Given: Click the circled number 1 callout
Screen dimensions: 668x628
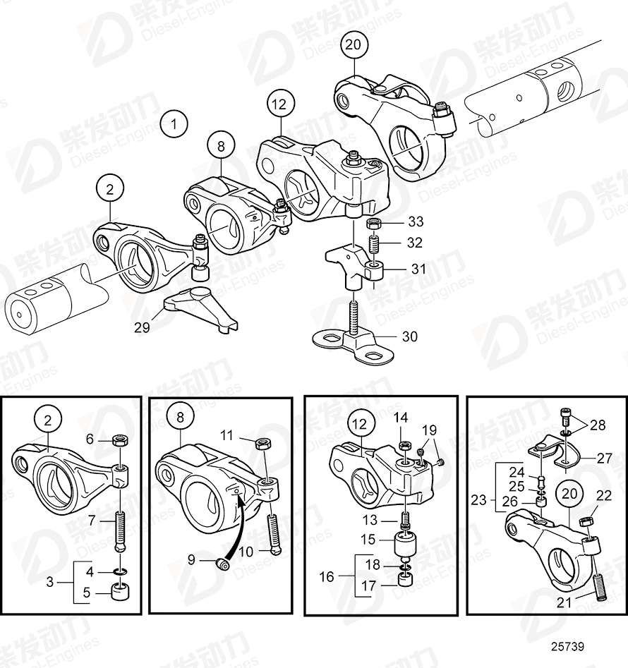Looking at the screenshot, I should [x=174, y=126].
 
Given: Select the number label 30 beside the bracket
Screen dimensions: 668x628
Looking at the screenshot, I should [x=409, y=336].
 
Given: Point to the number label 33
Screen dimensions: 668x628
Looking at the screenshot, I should [x=416, y=221].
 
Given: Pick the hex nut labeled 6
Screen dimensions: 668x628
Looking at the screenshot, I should [x=121, y=441].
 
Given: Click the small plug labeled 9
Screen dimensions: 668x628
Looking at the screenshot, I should [x=224, y=562].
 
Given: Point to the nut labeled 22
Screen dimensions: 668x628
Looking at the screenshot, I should [x=585, y=522].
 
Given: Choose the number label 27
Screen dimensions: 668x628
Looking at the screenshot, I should [x=604, y=459].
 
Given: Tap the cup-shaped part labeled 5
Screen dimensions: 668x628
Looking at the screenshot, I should [x=120, y=590].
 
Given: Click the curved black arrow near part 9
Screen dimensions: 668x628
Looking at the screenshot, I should [x=234, y=526].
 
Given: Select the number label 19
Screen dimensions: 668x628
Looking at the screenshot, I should [x=430, y=430].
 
